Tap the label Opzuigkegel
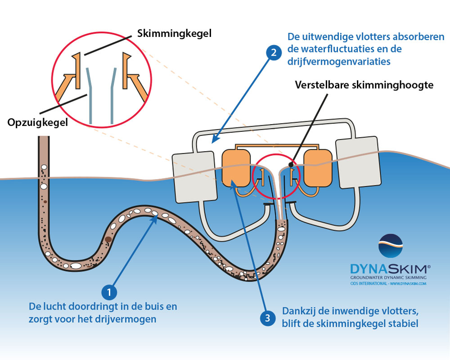(37, 122)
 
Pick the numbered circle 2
(273, 53)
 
